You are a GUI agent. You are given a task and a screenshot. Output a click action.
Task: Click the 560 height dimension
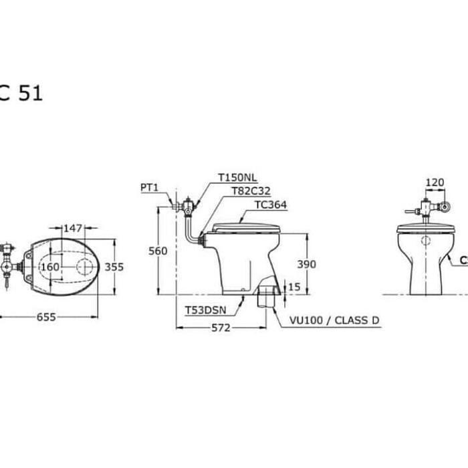click(x=158, y=251)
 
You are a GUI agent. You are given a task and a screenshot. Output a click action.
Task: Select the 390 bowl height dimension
click(x=306, y=264)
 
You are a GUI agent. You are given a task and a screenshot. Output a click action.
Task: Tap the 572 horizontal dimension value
click(x=221, y=328)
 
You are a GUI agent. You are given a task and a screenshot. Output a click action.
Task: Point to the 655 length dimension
click(x=46, y=317)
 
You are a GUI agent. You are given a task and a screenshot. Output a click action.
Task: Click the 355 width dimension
click(x=114, y=267)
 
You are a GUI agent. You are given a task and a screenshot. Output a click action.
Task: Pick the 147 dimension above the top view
click(x=73, y=229)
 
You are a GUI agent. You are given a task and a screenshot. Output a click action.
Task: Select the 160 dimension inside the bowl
click(x=50, y=267)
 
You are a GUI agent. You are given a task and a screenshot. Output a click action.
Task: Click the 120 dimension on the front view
click(x=435, y=182)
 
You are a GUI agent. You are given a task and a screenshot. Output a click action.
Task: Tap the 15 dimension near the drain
click(x=294, y=287)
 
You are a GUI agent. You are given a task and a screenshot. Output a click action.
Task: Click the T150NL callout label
click(x=237, y=178)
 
